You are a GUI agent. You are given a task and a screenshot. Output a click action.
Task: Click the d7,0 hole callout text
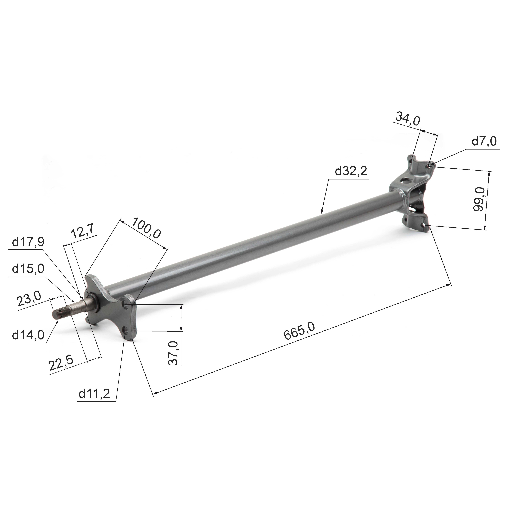484,141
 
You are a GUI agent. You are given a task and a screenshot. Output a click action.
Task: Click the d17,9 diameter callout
28,242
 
